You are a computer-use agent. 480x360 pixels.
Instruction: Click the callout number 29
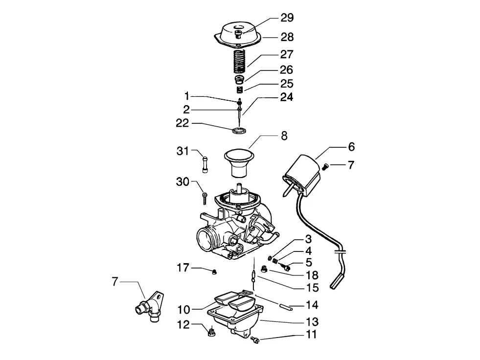click(x=287, y=18)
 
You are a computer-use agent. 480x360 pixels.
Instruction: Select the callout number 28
click(x=287, y=37)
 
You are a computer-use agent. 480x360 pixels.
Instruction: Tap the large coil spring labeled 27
click(x=239, y=61)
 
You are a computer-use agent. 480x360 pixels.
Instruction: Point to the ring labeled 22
click(x=239, y=131)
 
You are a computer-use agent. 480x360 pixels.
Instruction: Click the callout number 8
click(x=284, y=136)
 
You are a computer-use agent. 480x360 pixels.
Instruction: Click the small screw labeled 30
click(x=205, y=198)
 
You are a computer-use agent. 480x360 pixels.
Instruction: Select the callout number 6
click(x=351, y=147)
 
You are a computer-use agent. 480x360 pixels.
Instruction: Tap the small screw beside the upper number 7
click(x=325, y=166)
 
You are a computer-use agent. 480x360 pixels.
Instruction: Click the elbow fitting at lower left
click(x=151, y=306)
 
